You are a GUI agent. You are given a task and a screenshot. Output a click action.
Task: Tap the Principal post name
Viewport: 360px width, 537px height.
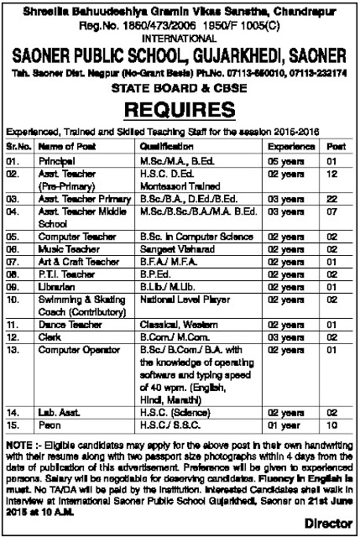[x=58, y=159]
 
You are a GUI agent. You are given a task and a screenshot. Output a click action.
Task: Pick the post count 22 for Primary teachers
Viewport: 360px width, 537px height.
[x=332, y=200]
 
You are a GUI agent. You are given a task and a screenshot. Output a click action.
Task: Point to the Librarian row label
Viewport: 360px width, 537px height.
[x=58, y=285]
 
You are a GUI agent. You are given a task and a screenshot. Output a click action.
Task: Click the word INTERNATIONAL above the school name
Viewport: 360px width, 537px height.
[x=179, y=38]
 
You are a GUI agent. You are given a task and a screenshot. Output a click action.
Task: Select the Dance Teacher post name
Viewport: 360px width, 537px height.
[x=65, y=323]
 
